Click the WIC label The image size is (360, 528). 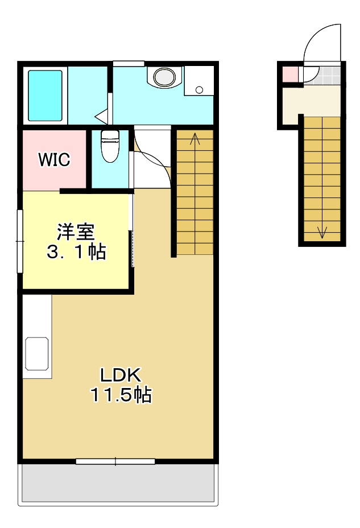(55, 160)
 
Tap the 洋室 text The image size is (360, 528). (75, 232)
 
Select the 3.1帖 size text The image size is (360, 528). (76, 252)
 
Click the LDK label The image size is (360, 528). (120, 375)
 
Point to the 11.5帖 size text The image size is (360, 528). (121, 395)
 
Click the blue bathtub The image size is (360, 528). (45, 95)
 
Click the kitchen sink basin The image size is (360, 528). (36, 354)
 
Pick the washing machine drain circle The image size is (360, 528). (198, 89)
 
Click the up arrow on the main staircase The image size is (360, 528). (195, 138)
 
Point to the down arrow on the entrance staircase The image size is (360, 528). (322, 232)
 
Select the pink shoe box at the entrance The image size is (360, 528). (290, 74)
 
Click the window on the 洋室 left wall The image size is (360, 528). (19, 241)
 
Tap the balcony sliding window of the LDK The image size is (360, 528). (115, 461)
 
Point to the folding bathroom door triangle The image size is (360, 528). (102, 117)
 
